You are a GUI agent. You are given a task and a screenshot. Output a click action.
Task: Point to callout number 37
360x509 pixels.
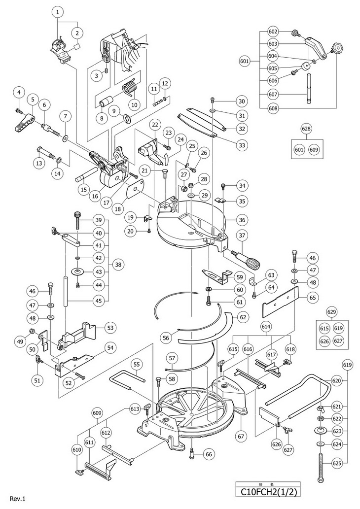point(242,236)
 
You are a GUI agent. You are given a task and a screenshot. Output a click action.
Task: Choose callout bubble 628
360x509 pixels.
point(306,129)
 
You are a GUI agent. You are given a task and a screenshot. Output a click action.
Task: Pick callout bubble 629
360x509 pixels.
point(331,312)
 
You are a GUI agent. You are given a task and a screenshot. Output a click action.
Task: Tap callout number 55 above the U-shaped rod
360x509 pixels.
point(137,364)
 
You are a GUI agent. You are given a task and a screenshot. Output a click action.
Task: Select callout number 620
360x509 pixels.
point(336,380)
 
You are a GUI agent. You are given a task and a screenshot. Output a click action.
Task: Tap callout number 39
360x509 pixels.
point(99,219)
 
